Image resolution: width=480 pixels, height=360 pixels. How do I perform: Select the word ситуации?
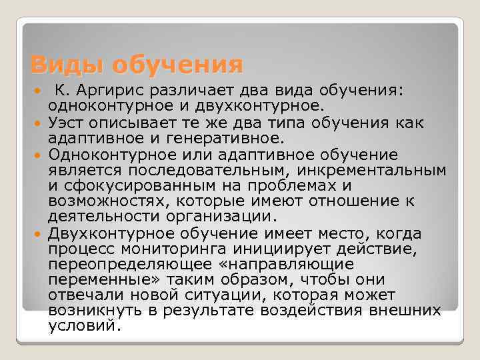(x=240, y=295)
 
